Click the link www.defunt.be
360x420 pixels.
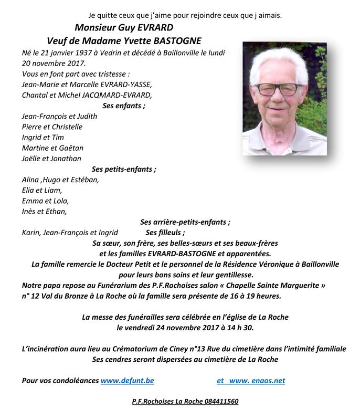127,380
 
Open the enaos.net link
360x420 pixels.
259,380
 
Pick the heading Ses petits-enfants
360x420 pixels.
124,169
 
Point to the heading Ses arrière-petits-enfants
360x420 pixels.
185,222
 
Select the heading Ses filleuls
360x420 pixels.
165,233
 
